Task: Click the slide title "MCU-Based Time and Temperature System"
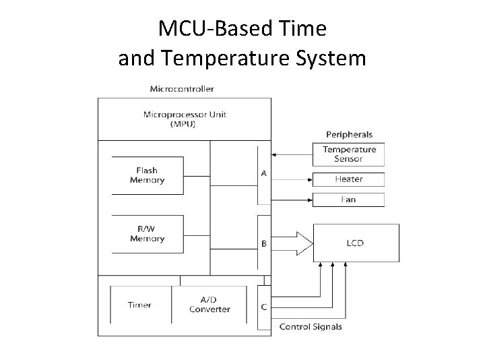(242, 43)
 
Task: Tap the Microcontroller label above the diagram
(183, 89)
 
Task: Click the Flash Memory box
(147, 175)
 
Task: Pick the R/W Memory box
(147, 234)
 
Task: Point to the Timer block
(139, 305)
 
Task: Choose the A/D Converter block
(209, 305)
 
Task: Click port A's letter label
(263, 173)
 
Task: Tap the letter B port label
(263, 243)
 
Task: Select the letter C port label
(263, 307)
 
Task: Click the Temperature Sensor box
(348, 154)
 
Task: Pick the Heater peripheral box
(348, 179)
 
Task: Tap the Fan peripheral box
(348, 200)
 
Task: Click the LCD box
(355, 243)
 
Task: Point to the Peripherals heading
(349, 134)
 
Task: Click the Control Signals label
(311, 327)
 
